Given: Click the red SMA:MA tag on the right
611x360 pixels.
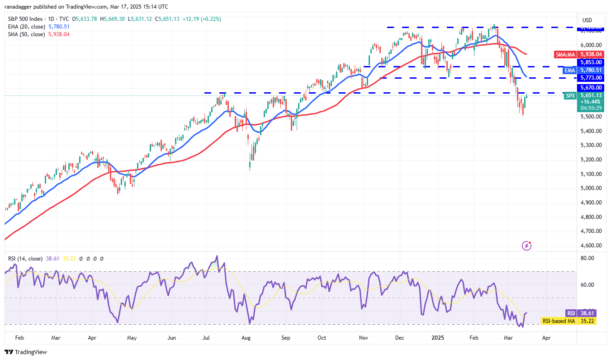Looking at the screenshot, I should click(x=564, y=54).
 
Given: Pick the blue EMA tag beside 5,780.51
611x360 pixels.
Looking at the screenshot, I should click(x=569, y=70).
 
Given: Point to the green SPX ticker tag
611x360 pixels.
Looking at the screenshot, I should click(x=570, y=95).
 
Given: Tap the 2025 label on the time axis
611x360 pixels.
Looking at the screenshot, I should click(x=438, y=337).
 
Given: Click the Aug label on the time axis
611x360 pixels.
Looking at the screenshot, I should click(x=246, y=337).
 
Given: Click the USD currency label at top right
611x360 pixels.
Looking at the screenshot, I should click(x=587, y=20).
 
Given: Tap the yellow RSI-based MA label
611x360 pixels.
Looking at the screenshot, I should click(x=558, y=321).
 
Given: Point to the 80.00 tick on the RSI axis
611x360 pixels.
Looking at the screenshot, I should click(x=587, y=258).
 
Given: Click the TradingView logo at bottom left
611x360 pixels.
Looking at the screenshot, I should click(x=26, y=352).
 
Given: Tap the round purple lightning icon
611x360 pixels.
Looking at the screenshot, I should click(x=526, y=246).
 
